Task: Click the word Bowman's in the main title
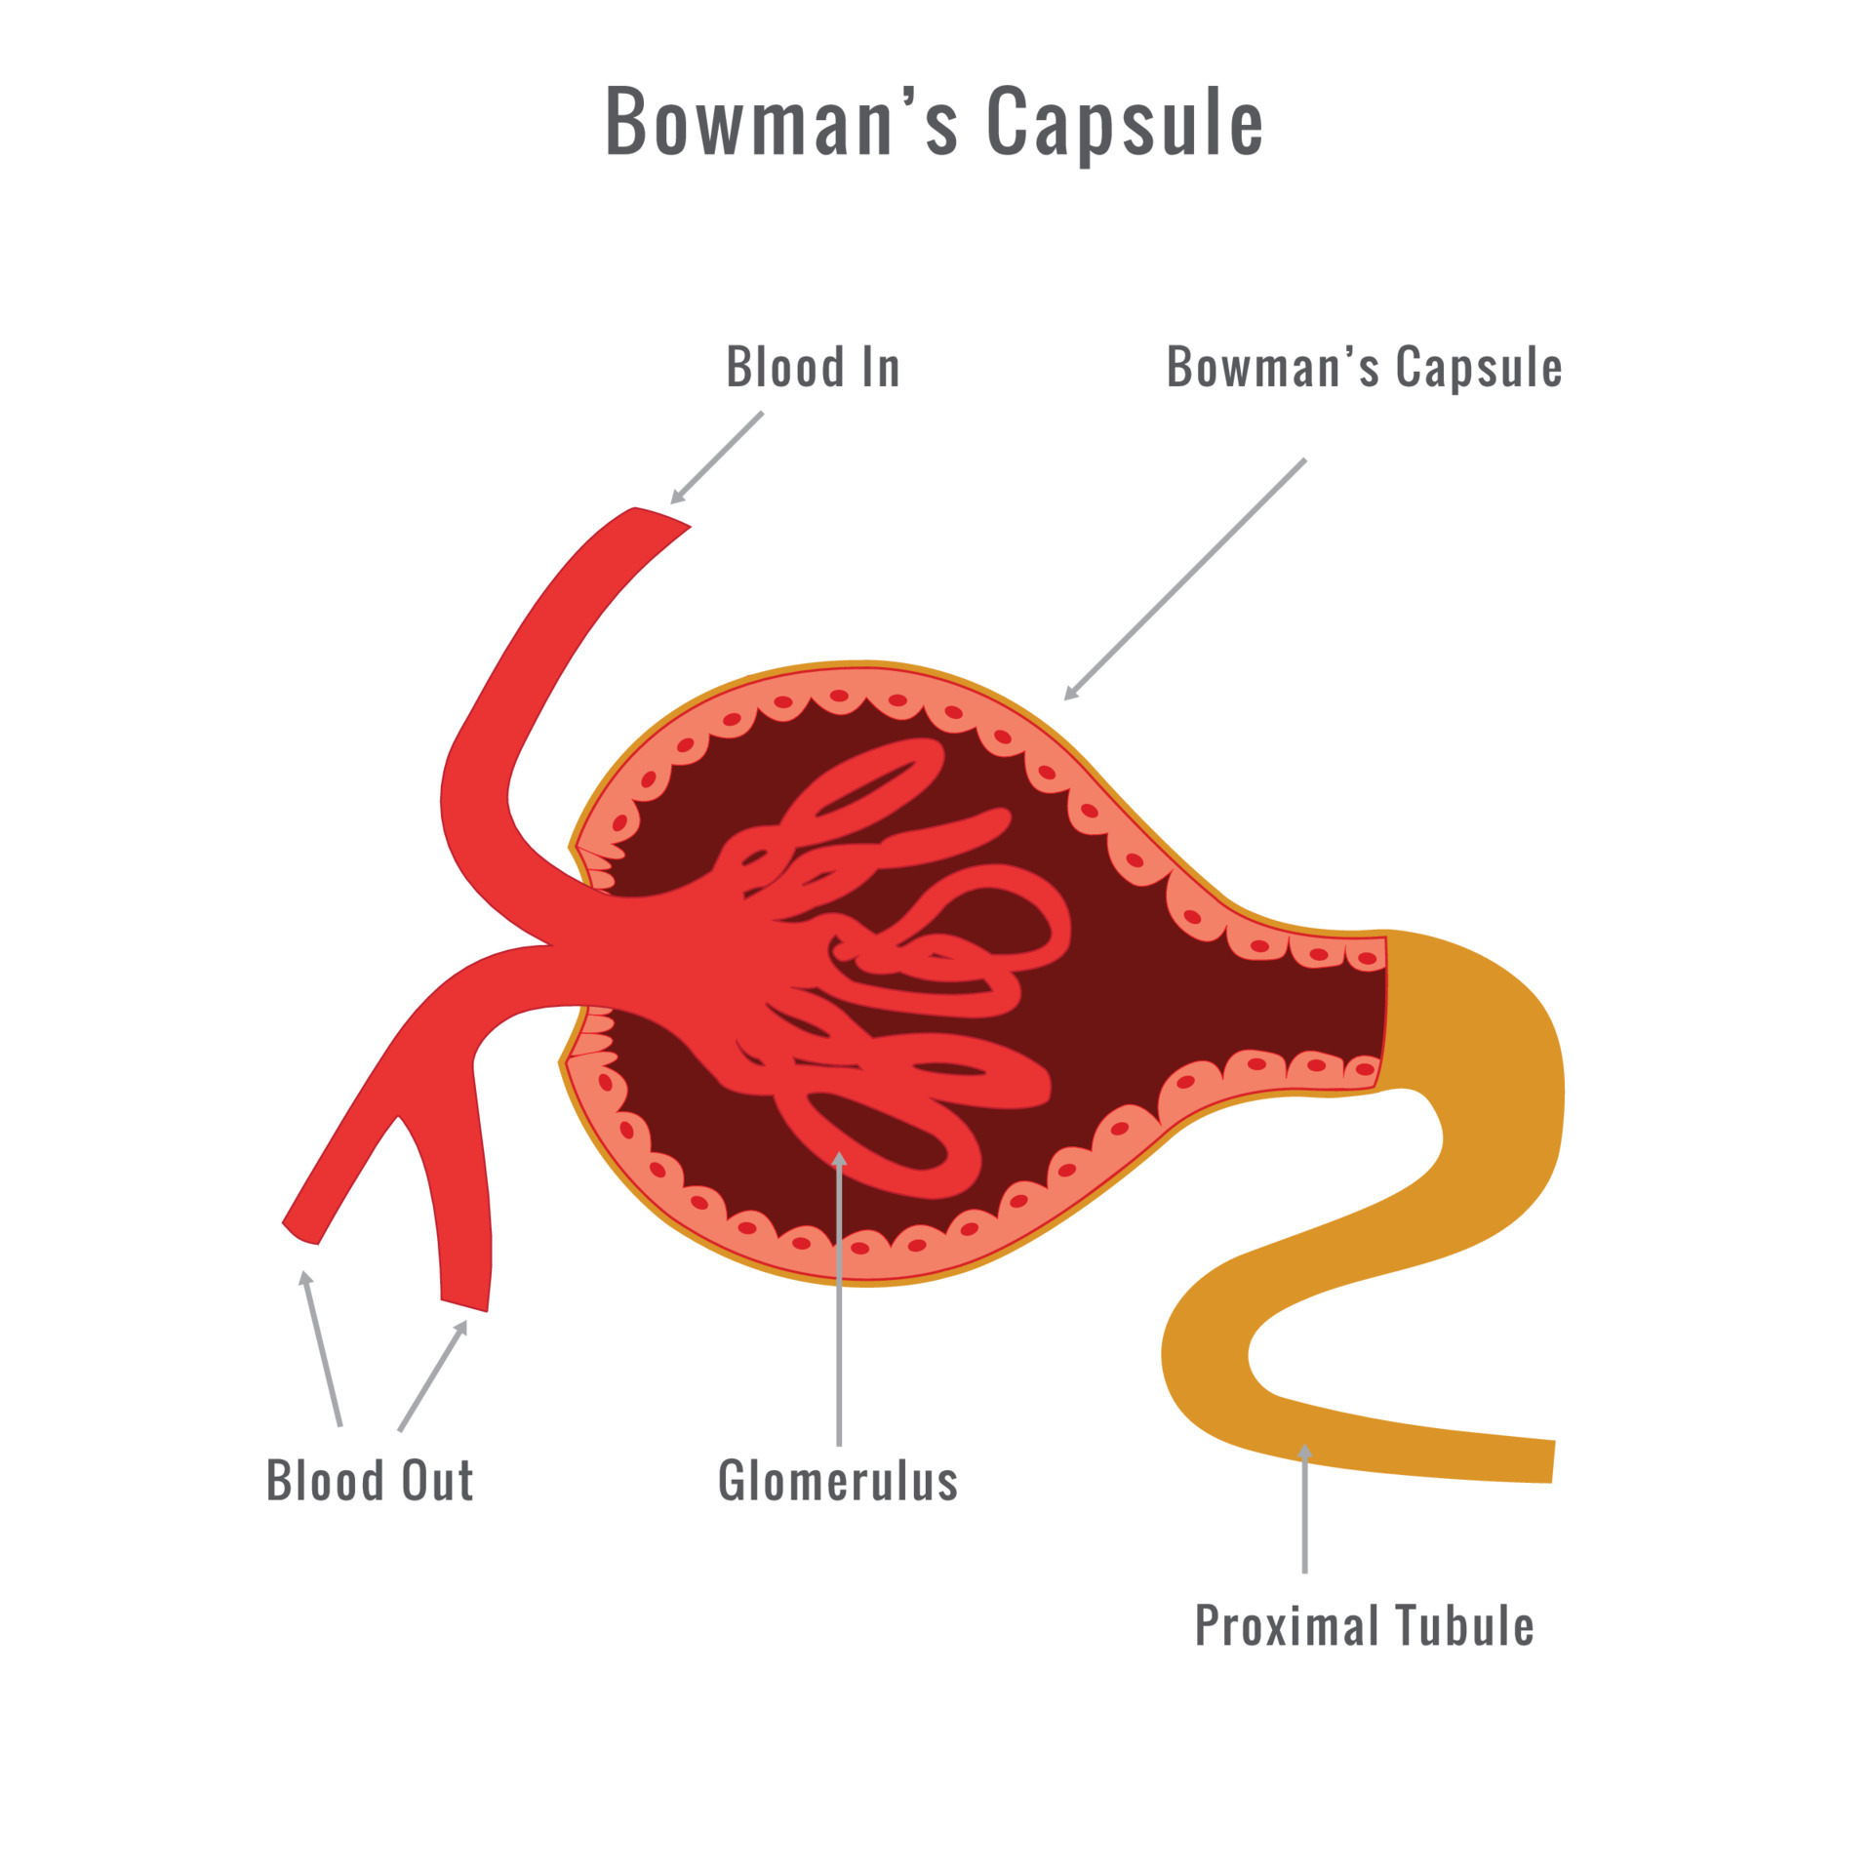pyautogui.click(x=781, y=123)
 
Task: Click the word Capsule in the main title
pyautogui.click(x=1125, y=123)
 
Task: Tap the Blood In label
pyautogui.click(x=813, y=368)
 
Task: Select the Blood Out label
pyautogui.click(x=370, y=1481)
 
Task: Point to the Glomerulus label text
pyautogui.click(x=838, y=1481)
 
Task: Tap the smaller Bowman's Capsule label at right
pyautogui.click(x=1364, y=368)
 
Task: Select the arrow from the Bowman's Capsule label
pyautogui.click(x=1184, y=579)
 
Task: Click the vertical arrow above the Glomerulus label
pyautogui.click(x=839, y=1297)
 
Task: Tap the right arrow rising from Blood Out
pyautogui.click(x=432, y=1375)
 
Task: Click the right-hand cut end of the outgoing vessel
pyautogui.click(x=464, y=1305)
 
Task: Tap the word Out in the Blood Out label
pyautogui.click(x=438, y=1481)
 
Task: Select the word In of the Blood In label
pyautogui.click(x=880, y=368)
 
